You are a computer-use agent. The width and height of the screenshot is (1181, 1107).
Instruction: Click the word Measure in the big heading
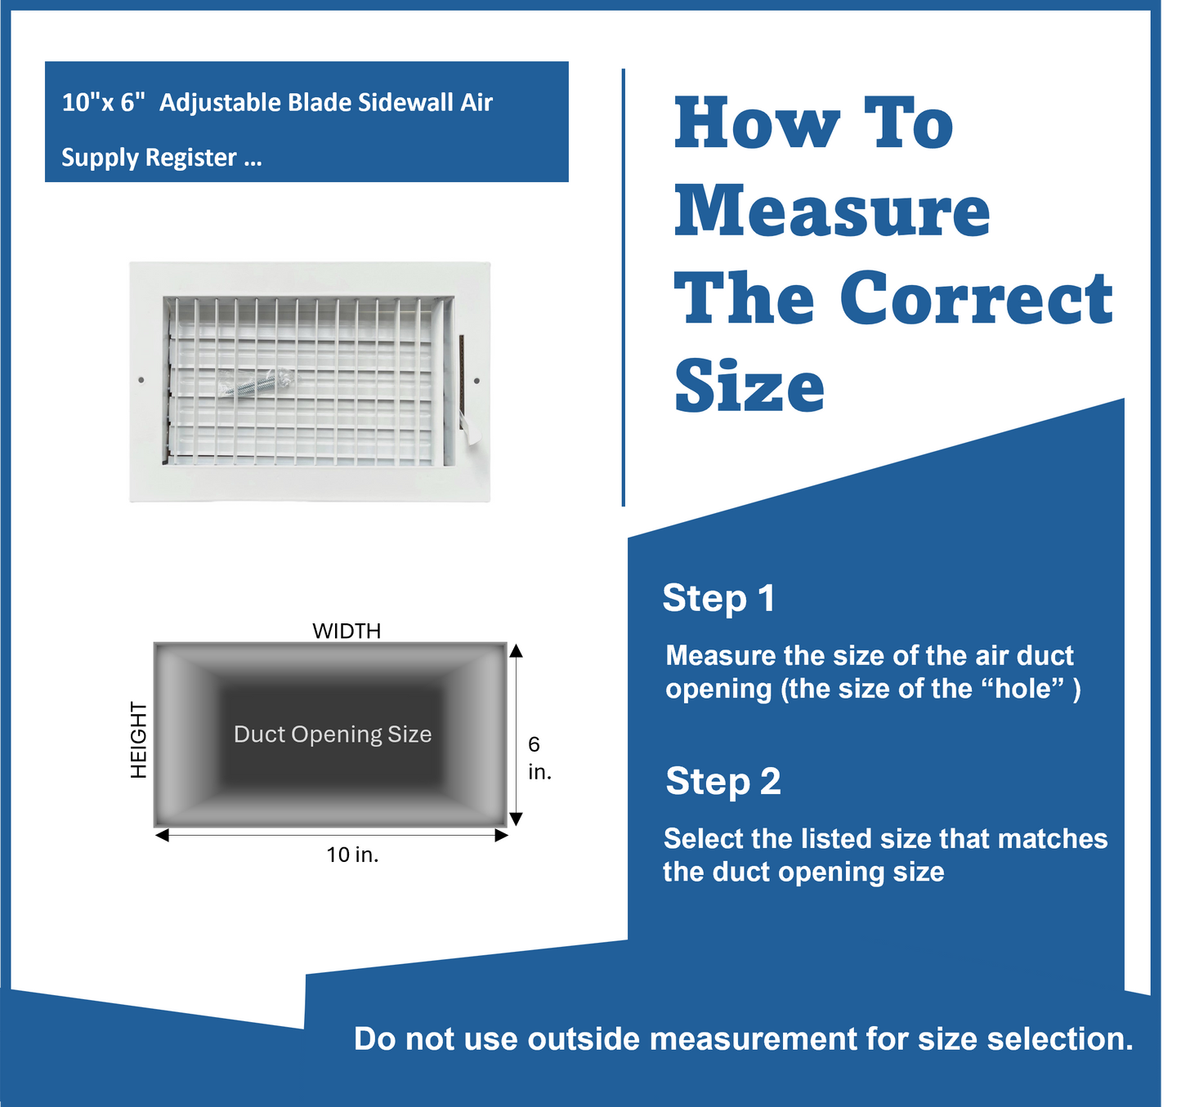coord(832,211)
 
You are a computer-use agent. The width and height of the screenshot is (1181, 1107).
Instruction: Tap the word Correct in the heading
coord(976,298)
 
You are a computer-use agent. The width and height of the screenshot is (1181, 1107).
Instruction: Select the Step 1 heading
coord(718,598)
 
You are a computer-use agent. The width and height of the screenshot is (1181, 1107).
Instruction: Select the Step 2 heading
coord(723,781)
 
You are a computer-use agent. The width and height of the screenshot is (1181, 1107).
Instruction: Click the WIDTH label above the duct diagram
coord(347,631)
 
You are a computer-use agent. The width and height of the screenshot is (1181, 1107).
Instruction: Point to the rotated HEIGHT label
coord(139,739)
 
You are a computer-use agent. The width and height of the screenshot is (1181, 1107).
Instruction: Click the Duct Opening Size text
coord(333,734)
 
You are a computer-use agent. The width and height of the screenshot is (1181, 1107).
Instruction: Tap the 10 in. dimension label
coord(352,855)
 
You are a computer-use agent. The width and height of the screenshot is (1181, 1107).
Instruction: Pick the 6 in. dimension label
coord(539,757)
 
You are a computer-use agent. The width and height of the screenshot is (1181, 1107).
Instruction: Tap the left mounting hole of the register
coord(141,380)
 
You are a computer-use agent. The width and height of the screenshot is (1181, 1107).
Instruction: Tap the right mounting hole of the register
coord(477,380)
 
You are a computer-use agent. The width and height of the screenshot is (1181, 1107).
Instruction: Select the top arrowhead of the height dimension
coord(516,650)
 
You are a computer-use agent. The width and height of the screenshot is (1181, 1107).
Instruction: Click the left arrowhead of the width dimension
coord(162,835)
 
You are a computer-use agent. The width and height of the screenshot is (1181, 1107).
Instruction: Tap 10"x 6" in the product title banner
coord(103,103)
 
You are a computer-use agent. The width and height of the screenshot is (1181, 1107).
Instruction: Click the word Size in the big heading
coord(749,386)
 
